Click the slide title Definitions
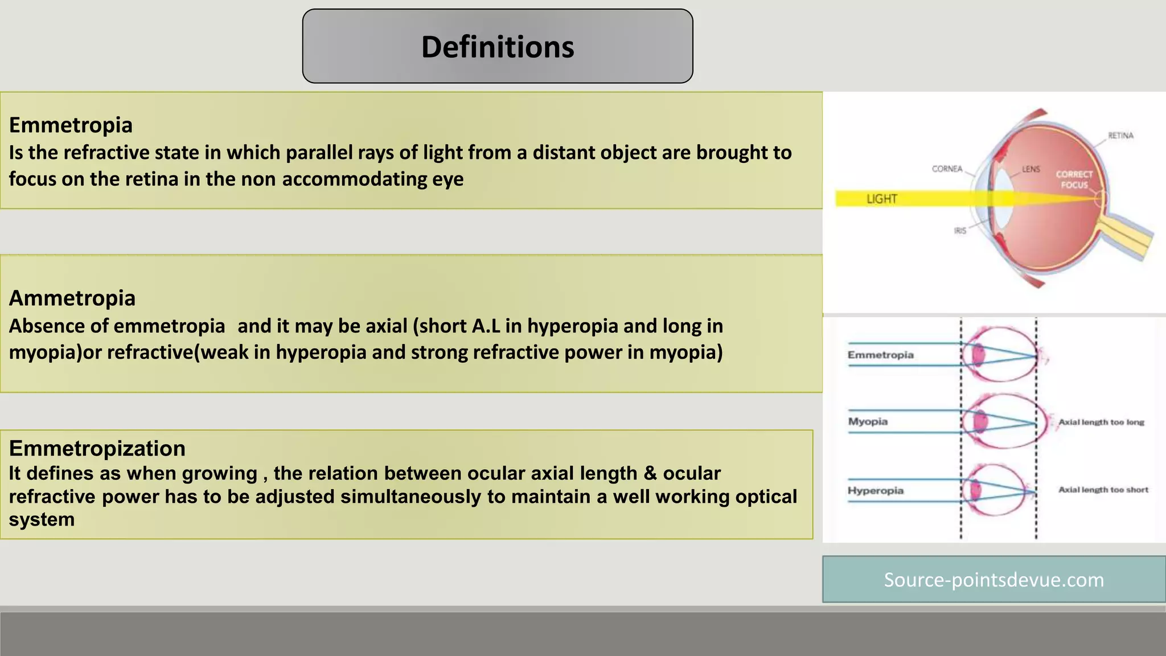tap(498, 47)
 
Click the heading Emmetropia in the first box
tap(71, 125)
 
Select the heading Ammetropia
tap(72, 298)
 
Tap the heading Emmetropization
tap(97, 449)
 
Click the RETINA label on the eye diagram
tap(1120, 136)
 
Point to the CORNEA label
tap(947, 169)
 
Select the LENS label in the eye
tap(1030, 169)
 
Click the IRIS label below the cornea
tap(960, 231)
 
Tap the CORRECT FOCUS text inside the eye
tap(1074, 179)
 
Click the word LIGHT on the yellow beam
tap(881, 199)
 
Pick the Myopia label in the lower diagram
tap(868, 421)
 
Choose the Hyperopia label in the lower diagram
tap(875, 490)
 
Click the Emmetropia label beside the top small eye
tap(880, 355)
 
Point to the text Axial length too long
tap(1101, 422)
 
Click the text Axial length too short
tap(1103, 490)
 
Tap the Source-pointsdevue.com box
tap(993, 580)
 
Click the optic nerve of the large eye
tap(1127, 236)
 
